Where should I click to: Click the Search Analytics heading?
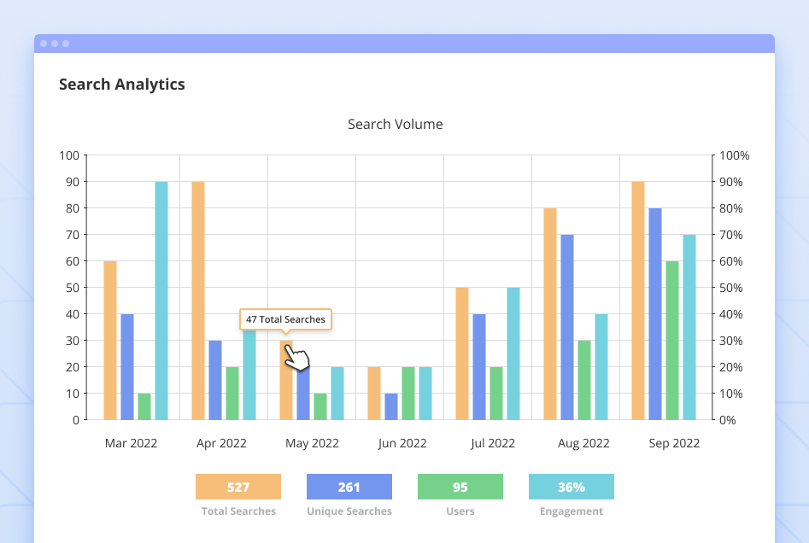tap(121, 85)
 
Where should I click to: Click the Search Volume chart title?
tap(395, 125)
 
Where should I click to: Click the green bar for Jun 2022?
tap(408, 393)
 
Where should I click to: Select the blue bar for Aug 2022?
tap(567, 327)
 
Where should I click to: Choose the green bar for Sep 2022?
tap(672, 340)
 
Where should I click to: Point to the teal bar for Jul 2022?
tap(513, 353)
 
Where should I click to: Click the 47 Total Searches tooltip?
tap(285, 319)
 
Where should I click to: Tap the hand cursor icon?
tap(296, 358)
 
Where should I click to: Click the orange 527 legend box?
tap(238, 487)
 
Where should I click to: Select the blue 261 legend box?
tap(349, 487)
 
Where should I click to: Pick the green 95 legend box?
tap(460, 487)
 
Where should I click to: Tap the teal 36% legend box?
tap(572, 487)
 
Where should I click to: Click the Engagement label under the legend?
tap(572, 511)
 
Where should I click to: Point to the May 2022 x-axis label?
tap(312, 443)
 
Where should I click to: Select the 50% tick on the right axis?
tap(734, 288)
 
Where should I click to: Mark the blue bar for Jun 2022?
tap(391, 406)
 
